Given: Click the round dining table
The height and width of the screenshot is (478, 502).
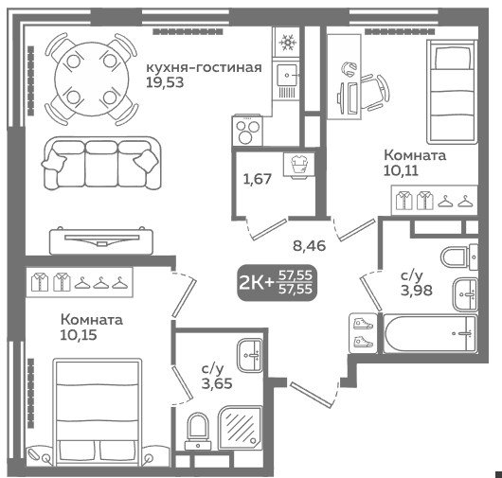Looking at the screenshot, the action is (x=92, y=79).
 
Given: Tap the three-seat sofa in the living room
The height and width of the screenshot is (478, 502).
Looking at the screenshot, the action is (x=100, y=164).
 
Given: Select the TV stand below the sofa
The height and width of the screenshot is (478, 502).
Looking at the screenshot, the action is (x=100, y=240).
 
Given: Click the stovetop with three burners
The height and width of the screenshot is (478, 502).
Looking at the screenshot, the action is (x=247, y=132).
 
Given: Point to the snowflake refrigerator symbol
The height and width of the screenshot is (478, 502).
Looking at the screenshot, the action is (x=286, y=42).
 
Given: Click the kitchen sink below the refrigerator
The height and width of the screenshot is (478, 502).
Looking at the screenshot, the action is (x=287, y=80).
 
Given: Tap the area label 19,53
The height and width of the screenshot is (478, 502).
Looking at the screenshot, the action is (x=165, y=82).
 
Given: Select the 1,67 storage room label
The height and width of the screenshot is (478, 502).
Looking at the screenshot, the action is (x=258, y=179).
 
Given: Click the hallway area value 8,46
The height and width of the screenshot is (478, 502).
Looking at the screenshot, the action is (x=310, y=246).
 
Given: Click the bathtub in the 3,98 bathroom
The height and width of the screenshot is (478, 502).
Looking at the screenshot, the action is (x=430, y=333).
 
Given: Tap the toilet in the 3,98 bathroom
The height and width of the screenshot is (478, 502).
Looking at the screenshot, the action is (x=458, y=257).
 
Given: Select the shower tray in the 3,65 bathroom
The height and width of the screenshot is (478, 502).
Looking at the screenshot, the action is (x=241, y=428).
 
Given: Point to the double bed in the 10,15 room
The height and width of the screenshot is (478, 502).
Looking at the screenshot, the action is (x=98, y=412).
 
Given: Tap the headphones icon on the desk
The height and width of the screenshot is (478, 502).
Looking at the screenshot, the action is (x=349, y=68).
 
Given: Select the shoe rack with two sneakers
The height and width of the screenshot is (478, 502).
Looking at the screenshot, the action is (x=363, y=333).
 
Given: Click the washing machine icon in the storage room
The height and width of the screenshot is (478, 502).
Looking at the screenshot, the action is (x=299, y=165).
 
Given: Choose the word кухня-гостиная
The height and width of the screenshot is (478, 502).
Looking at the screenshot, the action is (x=204, y=67).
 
